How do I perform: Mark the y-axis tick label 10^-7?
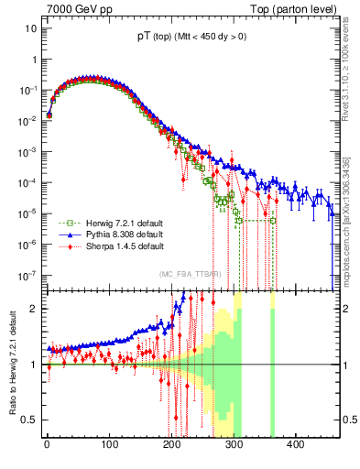pos(27,274)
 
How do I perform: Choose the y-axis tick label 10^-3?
pos(27,151)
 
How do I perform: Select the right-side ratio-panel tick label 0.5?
pos(346,420)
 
